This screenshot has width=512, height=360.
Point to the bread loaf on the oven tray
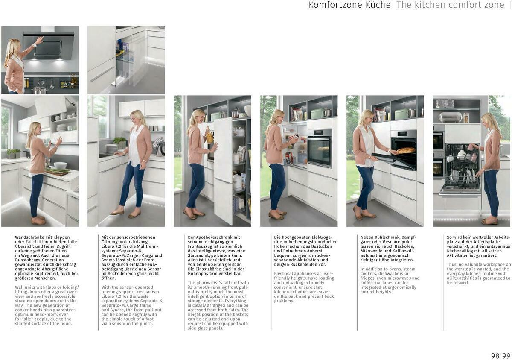click(406, 150)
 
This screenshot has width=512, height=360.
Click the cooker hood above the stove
click(48, 45)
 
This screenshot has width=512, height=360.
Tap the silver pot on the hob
click(40, 88)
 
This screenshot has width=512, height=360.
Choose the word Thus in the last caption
click(452, 265)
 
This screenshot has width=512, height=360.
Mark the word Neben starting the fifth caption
click(368, 237)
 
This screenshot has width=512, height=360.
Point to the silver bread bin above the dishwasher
click(451, 117)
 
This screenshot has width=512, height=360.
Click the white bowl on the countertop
click(60, 165)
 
